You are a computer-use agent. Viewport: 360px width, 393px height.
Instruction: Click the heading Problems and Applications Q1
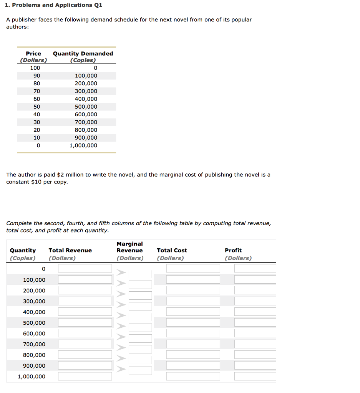(x=54, y=5)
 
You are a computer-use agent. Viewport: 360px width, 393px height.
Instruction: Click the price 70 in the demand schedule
(x=36, y=91)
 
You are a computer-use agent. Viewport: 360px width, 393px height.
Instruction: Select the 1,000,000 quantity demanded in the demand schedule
(x=83, y=145)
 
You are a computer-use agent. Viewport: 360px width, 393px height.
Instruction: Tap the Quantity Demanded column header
(x=83, y=53)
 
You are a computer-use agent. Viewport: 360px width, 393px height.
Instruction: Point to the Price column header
(x=33, y=53)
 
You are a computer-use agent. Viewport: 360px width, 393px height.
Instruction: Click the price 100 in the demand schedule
(x=35, y=68)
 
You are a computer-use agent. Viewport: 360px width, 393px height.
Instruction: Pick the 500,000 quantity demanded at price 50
(x=86, y=106)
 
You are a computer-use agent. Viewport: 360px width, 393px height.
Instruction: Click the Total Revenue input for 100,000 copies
(x=85, y=279)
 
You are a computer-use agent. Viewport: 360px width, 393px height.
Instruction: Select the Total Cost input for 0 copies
(x=193, y=269)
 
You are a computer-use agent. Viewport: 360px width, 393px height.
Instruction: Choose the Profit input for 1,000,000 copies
(x=255, y=376)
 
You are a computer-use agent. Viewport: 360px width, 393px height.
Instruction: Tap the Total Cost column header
(x=172, y=250)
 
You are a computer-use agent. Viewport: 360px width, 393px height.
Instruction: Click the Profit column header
(x=233, y=250)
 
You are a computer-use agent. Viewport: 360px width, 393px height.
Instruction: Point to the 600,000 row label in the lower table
(x=34, y=334)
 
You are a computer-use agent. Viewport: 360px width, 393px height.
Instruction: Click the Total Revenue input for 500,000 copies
(x=85, y=322)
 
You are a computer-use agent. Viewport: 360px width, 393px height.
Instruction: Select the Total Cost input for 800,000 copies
(x=193, y=355)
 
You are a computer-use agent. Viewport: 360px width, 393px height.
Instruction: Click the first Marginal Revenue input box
(x=140, y=274)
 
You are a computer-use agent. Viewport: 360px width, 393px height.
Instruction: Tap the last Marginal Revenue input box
(x=140, y=371)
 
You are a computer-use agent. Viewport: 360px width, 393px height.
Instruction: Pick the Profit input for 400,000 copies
(x=255, y=312)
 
